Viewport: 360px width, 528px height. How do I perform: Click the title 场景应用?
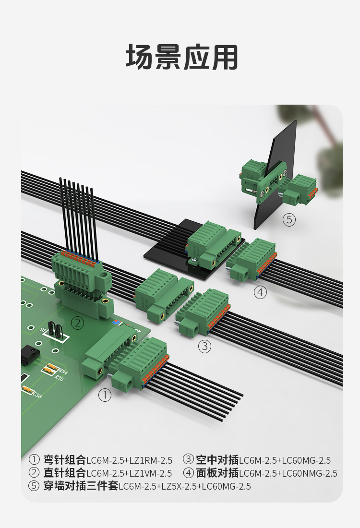(x=182, y=57)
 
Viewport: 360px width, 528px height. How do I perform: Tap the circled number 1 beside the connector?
(x=105, y=395)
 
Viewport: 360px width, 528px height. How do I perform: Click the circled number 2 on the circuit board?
(x=77, y=323)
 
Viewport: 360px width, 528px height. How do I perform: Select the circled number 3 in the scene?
(x=205, y=346)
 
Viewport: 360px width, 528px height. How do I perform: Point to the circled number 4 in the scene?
(x=260, y=292)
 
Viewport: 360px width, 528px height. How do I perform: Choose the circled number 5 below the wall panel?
(x=289, y=220)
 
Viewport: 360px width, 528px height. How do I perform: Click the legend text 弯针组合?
(x=65, y=460)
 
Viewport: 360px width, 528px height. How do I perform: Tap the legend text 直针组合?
(x=65, y=473)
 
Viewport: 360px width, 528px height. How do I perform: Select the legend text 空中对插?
(x=217, y=460)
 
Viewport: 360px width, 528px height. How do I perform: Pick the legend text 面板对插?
(x=217, y=473)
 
